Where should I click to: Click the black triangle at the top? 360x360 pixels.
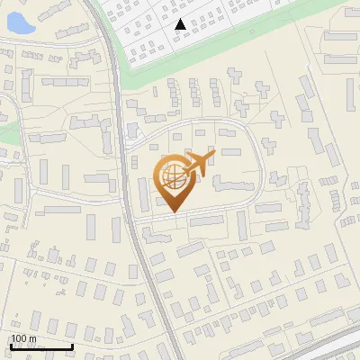point(181,24)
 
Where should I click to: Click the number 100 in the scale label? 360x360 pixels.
point(20,338)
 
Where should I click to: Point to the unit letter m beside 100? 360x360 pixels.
point(33,338)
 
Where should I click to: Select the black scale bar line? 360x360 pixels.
point(41,347)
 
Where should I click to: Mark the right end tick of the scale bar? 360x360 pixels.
point(72,345)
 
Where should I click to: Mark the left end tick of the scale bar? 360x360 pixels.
point(11,345)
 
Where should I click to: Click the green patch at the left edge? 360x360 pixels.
point(7,133)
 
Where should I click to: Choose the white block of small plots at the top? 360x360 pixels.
point(234,27)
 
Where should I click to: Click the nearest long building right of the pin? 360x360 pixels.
point(232,184)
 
